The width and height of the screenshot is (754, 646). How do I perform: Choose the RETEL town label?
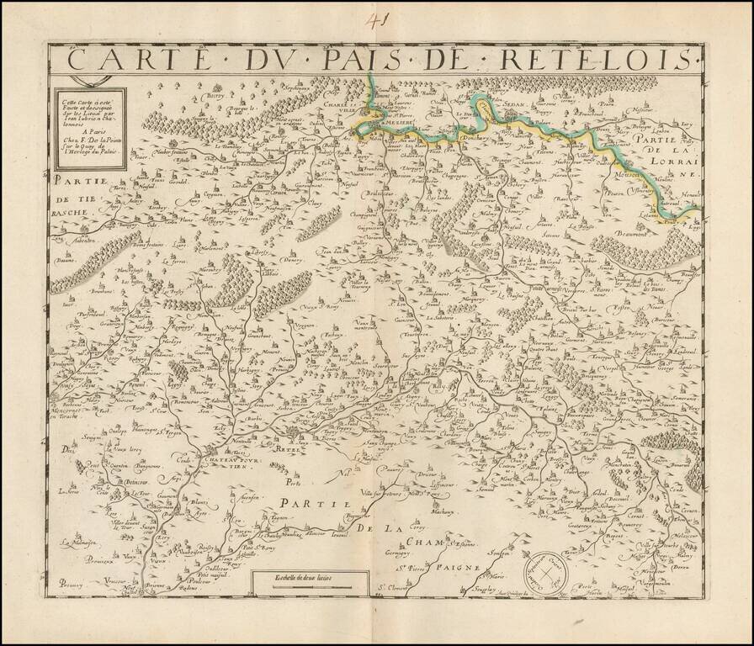click(289, 452)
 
